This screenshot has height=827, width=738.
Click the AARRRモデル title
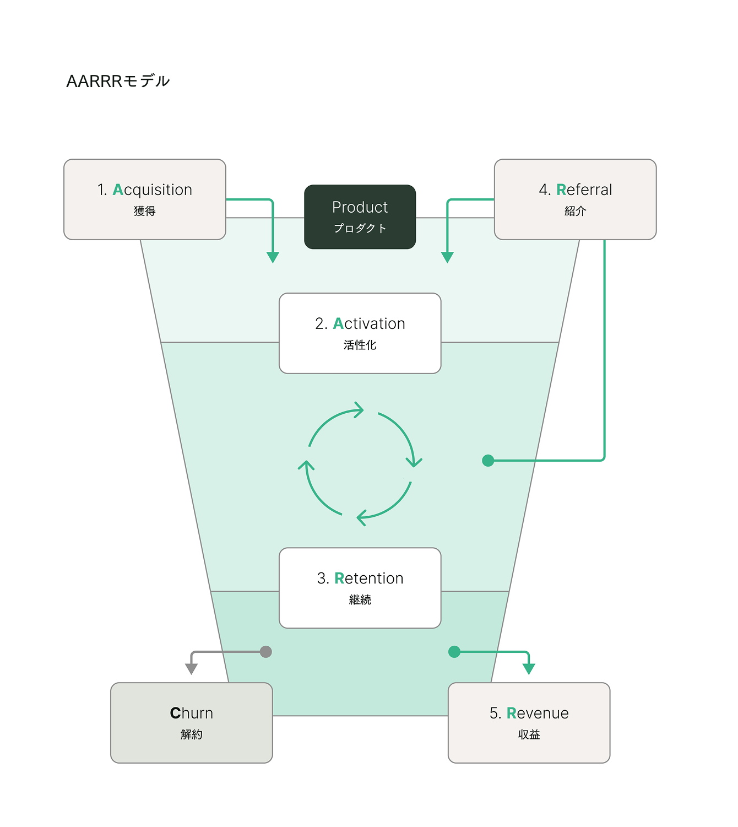tap(118, 82)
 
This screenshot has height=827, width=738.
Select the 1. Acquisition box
tap(145, 199)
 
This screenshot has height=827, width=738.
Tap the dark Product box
tap(360, 217)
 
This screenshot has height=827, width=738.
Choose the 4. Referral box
tap(575, 199)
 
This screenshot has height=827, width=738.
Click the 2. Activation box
tap(360, 333)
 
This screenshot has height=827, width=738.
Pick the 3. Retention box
tap(360, 587)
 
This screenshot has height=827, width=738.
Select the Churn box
tap(192, 722)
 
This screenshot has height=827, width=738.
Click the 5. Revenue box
tap(529, 722)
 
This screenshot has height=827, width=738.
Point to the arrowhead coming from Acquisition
tap(273, 257)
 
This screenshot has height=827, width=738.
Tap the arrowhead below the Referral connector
tap(447, 257)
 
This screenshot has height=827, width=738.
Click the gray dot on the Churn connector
tap(266, 652)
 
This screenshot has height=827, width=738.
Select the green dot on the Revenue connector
tap(454, 652)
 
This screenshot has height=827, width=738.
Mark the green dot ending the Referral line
tap(488, 460)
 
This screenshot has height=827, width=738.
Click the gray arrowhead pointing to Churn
tap(192, 669)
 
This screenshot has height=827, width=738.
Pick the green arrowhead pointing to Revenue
tap(529, 669)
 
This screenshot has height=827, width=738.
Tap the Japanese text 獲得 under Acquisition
tap(145, 211)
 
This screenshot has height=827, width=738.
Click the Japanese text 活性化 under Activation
tap(360, 345)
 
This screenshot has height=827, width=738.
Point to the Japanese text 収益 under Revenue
tap(529, 734)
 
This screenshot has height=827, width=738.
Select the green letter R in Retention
tap(339, 579)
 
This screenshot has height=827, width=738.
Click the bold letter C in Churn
tap(175, 714)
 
